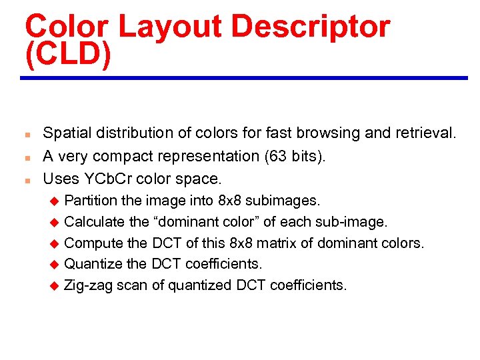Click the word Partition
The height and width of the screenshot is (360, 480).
(91, 200)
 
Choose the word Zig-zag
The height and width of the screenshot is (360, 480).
(88, 285)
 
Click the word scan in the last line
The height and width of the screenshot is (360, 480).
(130, 285)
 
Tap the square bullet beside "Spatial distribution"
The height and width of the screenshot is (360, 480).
(23, 134)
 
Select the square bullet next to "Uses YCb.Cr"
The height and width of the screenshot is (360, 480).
(23, 179)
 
